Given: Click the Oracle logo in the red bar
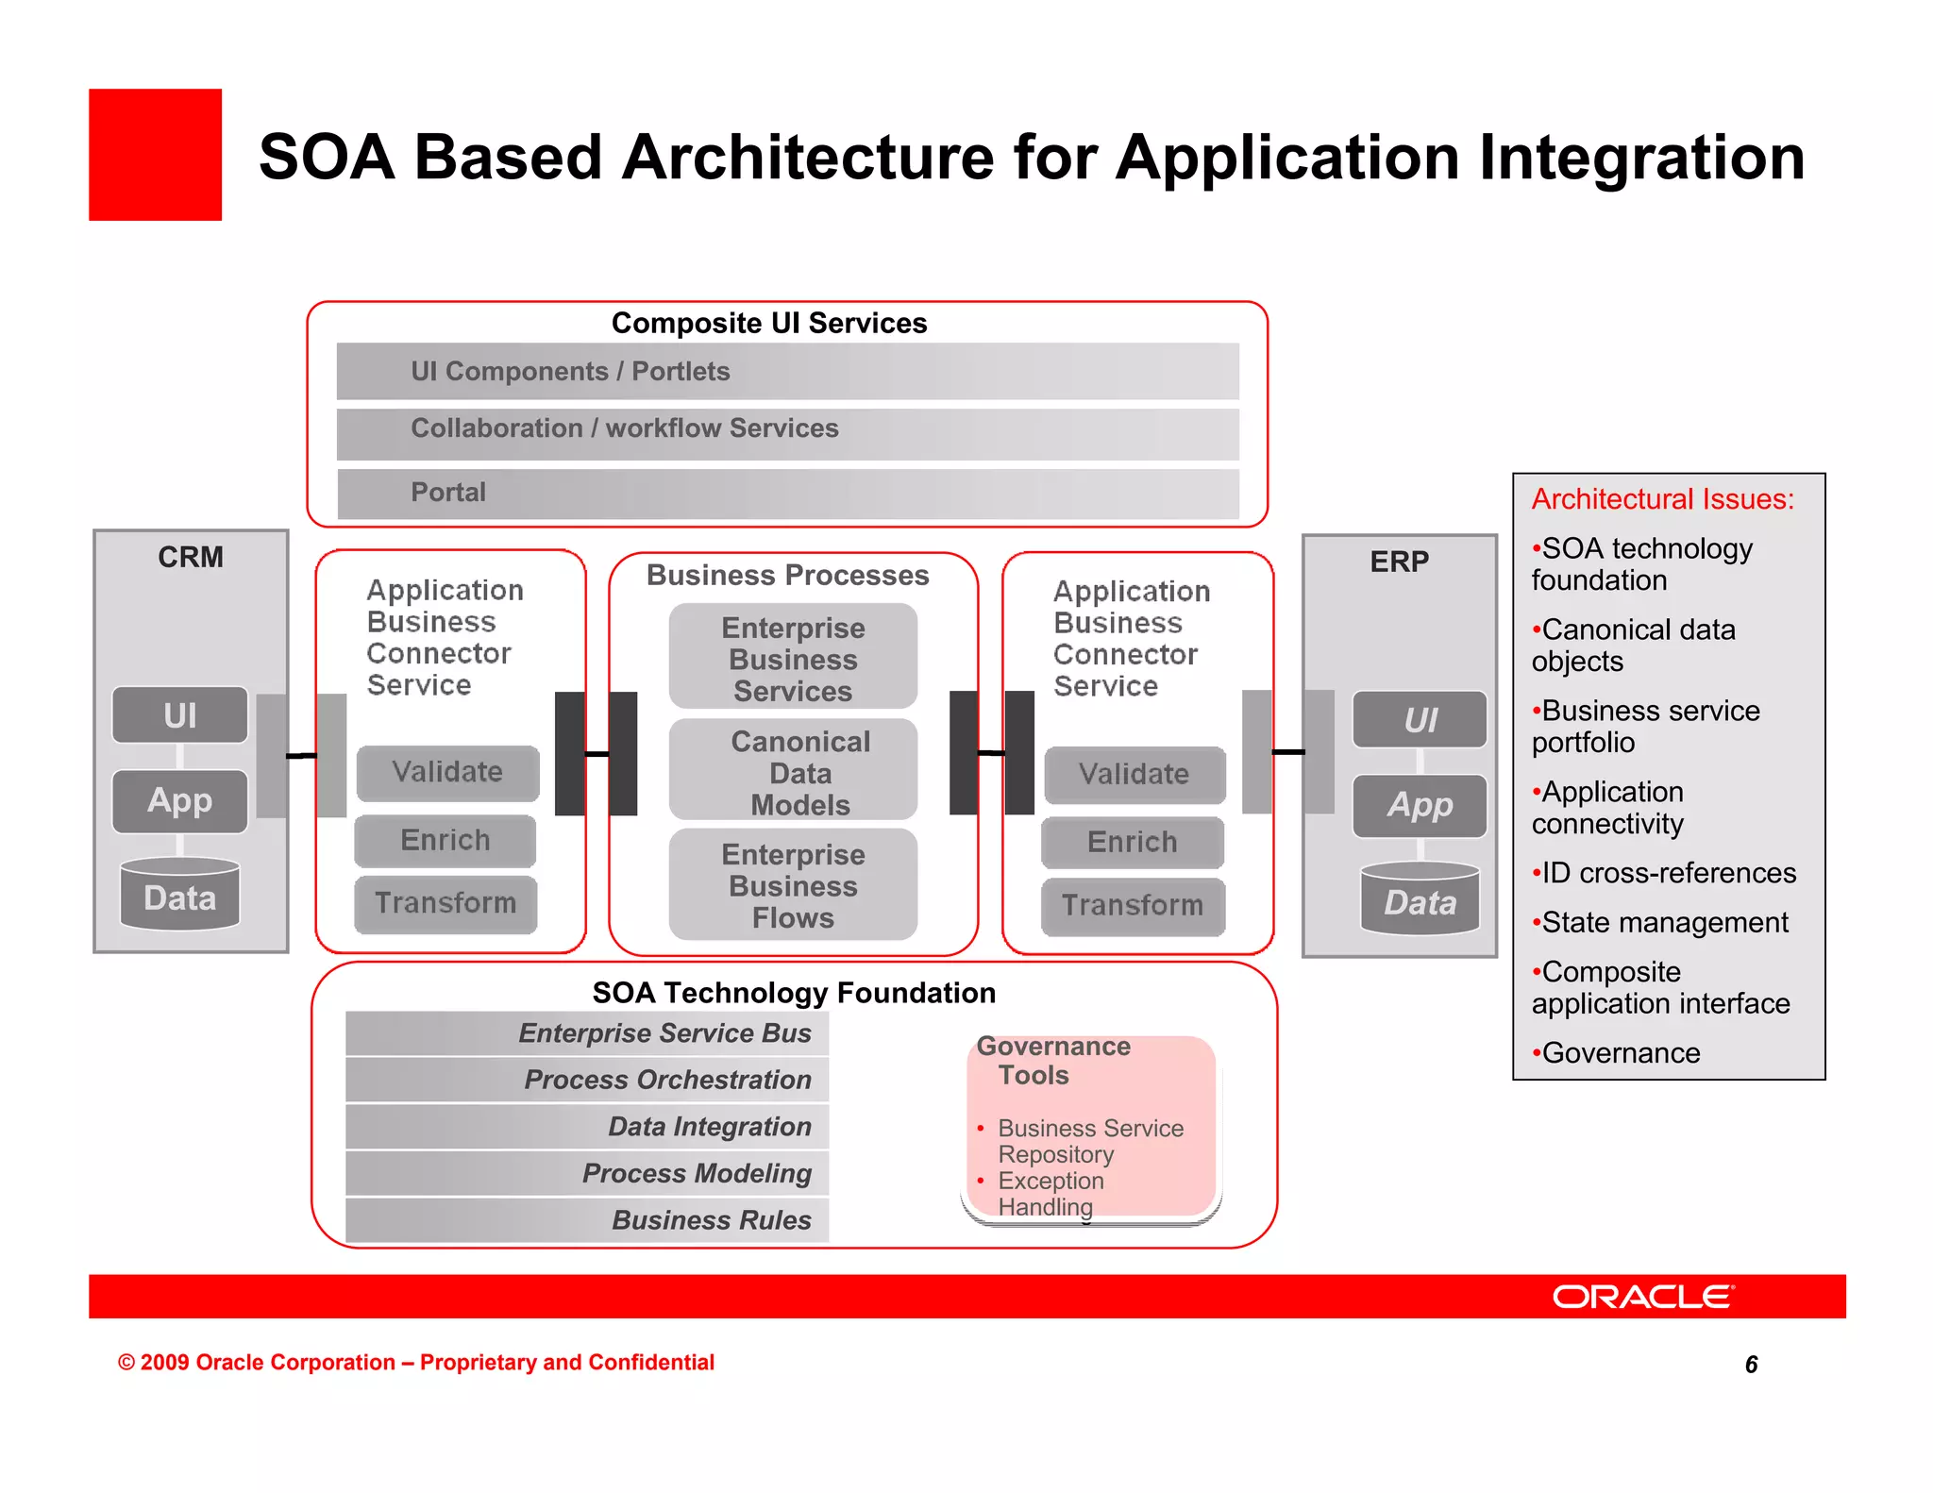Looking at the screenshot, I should coord(1642,1297).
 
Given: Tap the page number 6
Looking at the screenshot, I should coord(1751,1365).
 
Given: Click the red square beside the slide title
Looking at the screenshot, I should coord(156,155).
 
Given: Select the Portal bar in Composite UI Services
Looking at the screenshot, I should coord(787,493).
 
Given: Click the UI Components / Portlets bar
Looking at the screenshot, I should coord(787,371).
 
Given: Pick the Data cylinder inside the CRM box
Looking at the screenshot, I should coord(179,896).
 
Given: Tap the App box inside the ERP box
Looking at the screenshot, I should coord(1420,806).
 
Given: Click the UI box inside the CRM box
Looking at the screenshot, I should coord(179,715).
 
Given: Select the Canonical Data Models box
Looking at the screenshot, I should coord(793,772).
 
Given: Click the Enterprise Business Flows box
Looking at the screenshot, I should coord(793,885).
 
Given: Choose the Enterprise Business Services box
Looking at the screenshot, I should coord(793,658).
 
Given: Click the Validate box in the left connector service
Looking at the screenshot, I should coord(447,772).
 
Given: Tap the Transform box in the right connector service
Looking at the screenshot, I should coord(1133,906).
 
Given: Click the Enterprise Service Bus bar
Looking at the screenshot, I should coord(587,1033).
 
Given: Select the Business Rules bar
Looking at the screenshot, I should coord(587,1220).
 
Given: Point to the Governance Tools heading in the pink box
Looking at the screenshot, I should coord(1052,1061).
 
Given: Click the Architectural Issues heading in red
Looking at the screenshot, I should coord(1662,499).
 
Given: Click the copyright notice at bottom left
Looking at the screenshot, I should coord(415,1363).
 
